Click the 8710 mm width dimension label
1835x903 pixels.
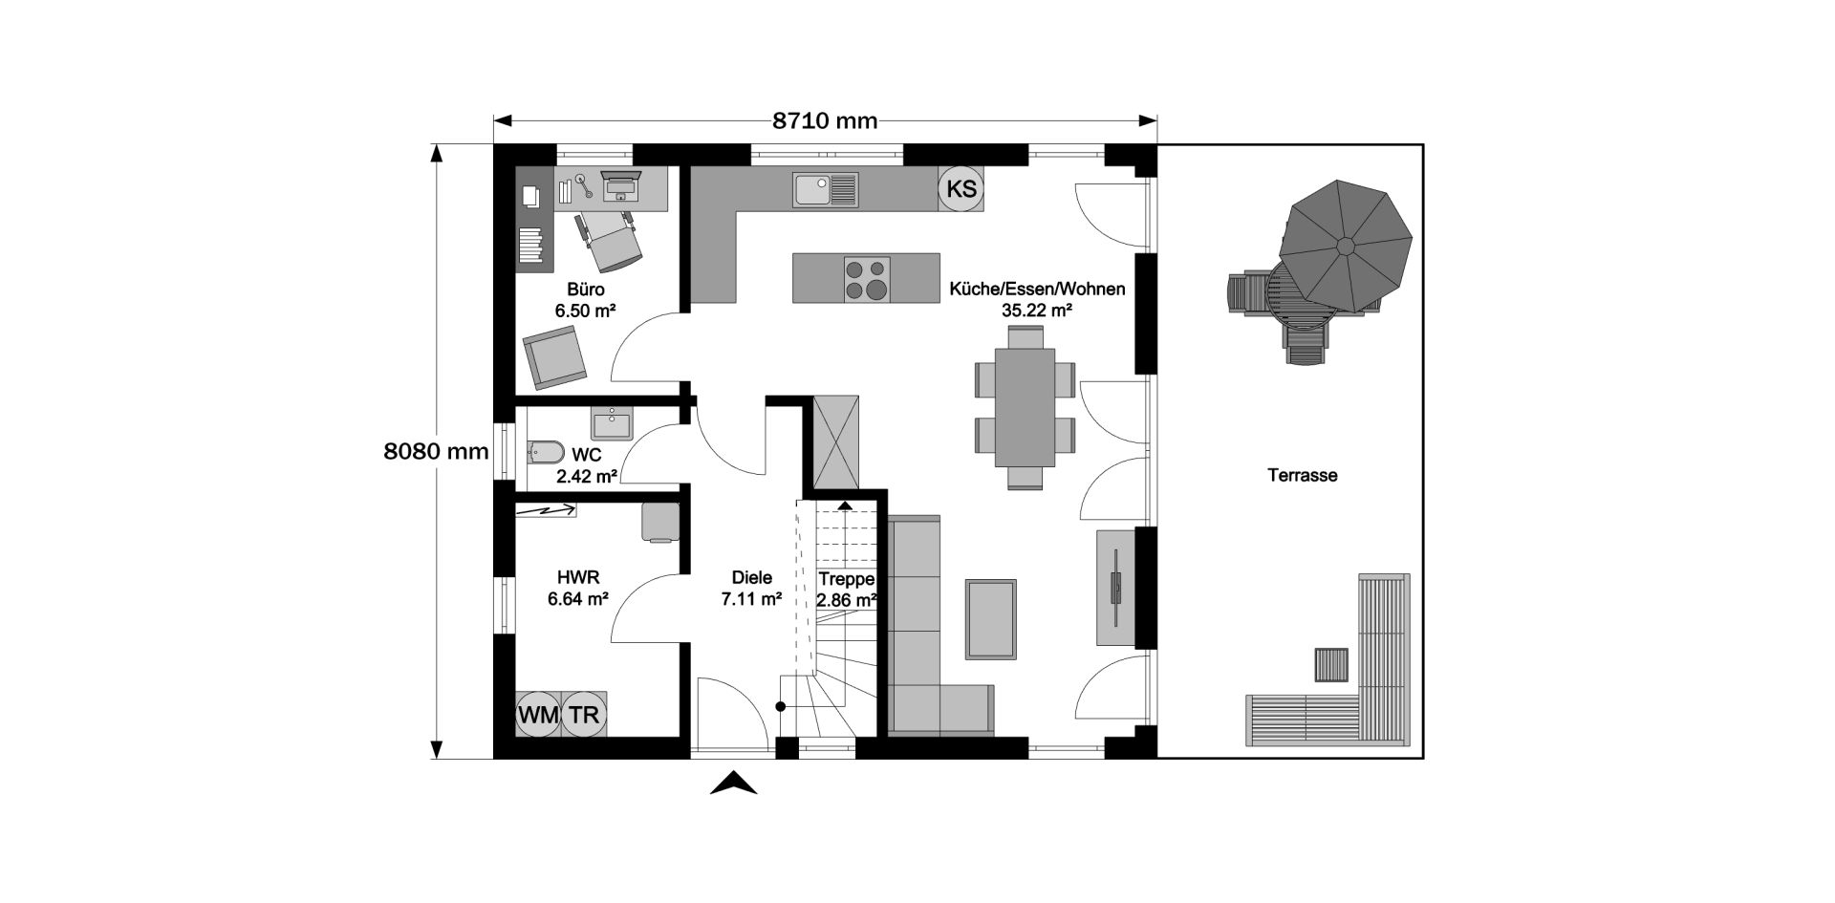[x=825, y=121]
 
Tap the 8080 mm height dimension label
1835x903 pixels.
[x=436, y=451]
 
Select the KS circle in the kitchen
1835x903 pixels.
[x=961, y=188]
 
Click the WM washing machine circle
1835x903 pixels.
[x=538, y=714]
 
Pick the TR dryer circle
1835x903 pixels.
[x=583, y=714]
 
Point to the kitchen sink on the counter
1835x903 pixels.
[x=826, y=189]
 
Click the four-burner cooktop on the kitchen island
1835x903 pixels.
[x=866, y=278]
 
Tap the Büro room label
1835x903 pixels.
[x=585, y=290]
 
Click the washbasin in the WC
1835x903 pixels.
[x=611, y=421]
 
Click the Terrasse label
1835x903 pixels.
[x=1302, y=475]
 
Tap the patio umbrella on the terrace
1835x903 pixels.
[x=1345, y=246]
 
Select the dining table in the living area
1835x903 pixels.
[x=1025, y=407]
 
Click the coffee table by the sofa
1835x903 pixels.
[x=990, y=618]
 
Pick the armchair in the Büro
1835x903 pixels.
[x=553, y=357]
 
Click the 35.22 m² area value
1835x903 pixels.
[x=1037, y=310]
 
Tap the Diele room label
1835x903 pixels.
[x=751, y=578]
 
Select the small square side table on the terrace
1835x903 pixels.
[x=1331, y=664]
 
